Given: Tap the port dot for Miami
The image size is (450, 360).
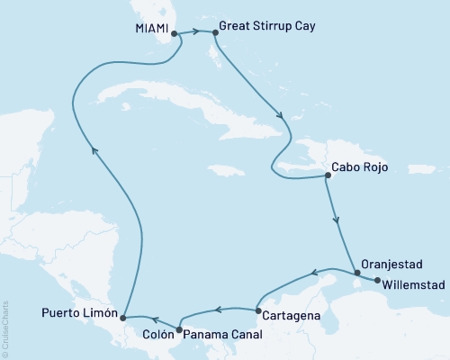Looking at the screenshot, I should (174, 34).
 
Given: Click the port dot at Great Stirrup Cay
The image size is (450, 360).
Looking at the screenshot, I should (214, 34).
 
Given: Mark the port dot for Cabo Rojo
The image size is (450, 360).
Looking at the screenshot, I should (326, 176).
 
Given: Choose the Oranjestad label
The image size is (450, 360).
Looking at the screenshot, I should (392, 265).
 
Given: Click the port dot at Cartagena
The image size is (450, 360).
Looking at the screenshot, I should (259, 312).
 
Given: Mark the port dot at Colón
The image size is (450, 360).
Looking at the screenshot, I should (180, 330).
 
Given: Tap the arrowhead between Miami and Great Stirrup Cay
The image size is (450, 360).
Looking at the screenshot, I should (194, 33).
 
